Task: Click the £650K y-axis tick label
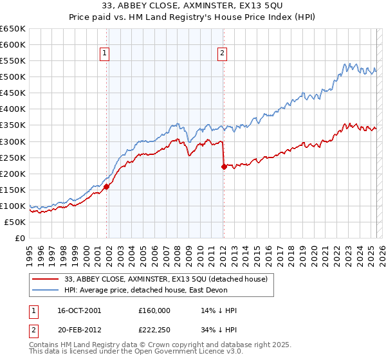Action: click(x=13, y=29)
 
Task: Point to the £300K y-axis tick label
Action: click(x=13, y=141)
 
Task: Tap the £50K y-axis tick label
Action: click(x=15, y=222)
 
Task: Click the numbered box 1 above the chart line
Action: click(x=104, y=54)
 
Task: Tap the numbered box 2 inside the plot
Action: click(x=222, y=54)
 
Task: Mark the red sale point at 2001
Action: click(x=107, y=186)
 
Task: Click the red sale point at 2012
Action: click(x=224, y=166)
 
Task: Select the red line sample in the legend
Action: click(x=45, y=278)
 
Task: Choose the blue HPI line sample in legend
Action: click(x=45, y=289)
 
